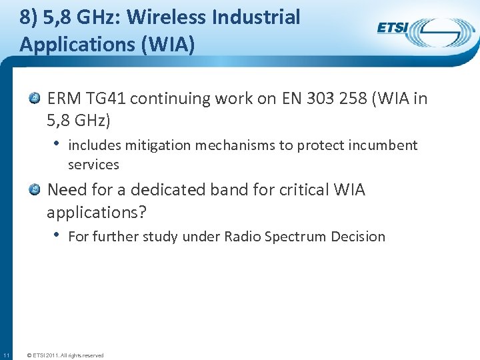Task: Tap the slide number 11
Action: [5, 355]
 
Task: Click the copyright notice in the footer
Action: [65, 355]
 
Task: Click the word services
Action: [93, 164]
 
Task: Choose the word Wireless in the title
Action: [170, 17]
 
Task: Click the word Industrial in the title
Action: [257, 17]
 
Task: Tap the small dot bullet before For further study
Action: [57, 235]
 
